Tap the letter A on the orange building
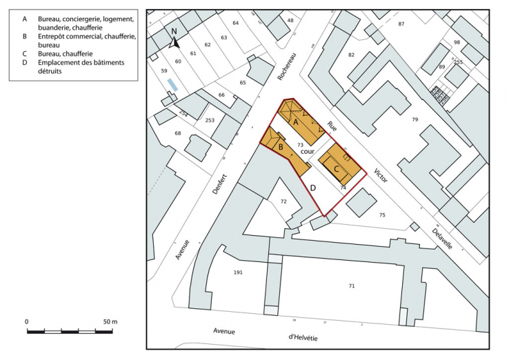[x=296, y=121]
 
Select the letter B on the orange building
[x=281, y=146]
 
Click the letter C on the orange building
[x=336, y=168]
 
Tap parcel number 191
[x=238, y=272]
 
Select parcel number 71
[x=351, y=286]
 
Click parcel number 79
[x=415, y=120]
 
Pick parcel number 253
[x=210, y=120]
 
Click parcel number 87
[x=401, y=23]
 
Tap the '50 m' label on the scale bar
[x=110, y=322]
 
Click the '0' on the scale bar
[x=27, y=322]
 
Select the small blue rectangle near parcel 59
[x=172, y=84]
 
